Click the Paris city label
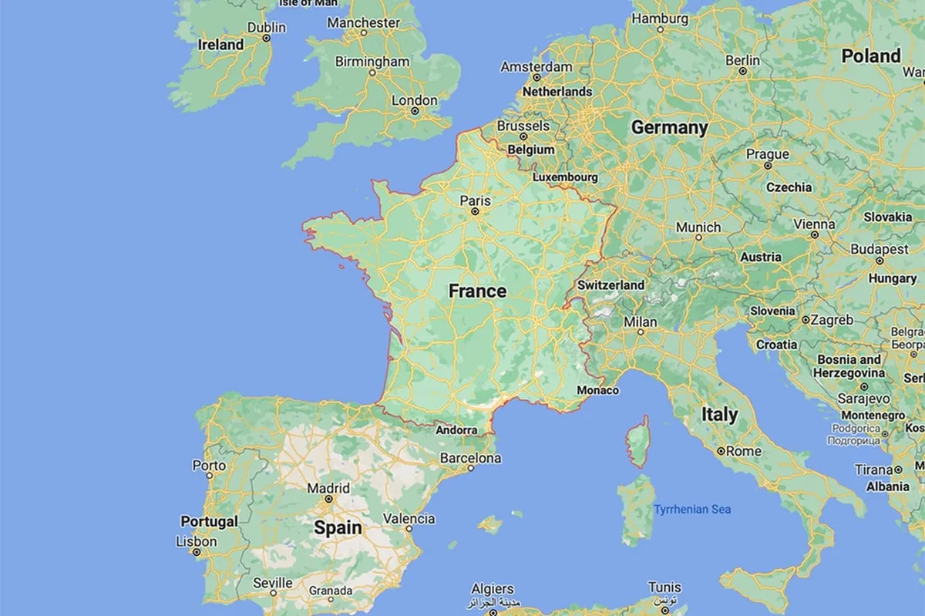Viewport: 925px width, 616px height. (475, 200)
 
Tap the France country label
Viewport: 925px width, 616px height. (478, 291)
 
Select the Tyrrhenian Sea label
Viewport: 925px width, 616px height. (692, 509)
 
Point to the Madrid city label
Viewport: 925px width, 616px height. (328, 488)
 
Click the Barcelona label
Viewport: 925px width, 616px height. (470, 458)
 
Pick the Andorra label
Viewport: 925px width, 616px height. (456, 430)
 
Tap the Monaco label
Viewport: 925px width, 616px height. (597, 390)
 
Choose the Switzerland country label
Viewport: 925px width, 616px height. (610, 285)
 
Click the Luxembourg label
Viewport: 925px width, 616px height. (565, 177)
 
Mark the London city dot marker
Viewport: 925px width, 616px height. (415, 111)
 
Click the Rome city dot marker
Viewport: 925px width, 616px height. (720, 451)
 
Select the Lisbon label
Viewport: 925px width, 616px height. (197, 542)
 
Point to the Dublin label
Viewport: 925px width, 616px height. (266, 28)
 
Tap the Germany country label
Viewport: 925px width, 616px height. (669, 128)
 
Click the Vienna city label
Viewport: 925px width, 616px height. (814, 224)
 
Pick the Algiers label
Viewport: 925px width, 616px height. (492, 588)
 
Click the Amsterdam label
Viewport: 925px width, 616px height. (536, 67)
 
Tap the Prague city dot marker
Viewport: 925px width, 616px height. (767, 165)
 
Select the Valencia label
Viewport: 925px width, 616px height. (409, 519)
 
